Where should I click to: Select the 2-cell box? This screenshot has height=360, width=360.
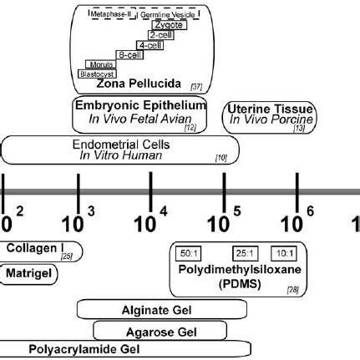[161, 36]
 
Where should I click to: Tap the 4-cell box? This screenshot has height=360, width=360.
[150, 45]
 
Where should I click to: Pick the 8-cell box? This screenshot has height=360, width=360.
[127, 54]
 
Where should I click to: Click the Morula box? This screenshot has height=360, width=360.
[100, 63]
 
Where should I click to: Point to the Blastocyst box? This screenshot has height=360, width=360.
[94, 74]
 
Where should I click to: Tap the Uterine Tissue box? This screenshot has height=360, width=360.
[269, 114]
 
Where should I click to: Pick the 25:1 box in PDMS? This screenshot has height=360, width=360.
[244, 253]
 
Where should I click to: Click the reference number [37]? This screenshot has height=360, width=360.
[196, 87]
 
